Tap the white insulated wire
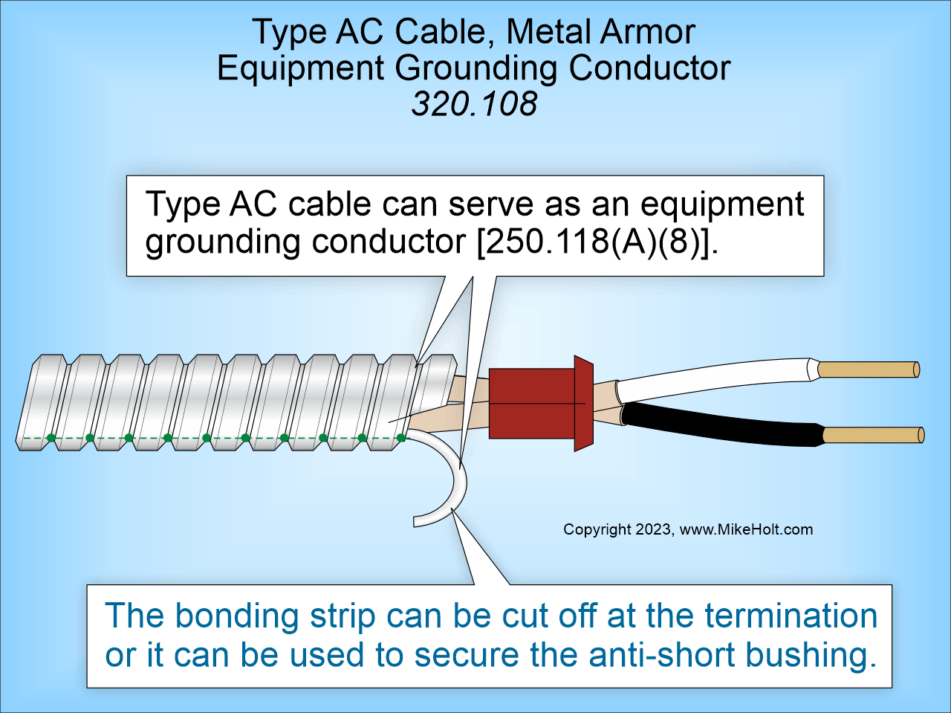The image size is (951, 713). coord(713,376)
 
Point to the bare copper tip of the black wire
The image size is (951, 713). coord(872,435)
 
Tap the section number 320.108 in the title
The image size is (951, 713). coord(474,103)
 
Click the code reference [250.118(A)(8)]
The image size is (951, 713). coord(594,242)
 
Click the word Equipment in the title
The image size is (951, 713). coord(300,68)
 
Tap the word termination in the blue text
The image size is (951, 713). coord(791,616)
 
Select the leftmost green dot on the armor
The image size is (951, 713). coord(51,438)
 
